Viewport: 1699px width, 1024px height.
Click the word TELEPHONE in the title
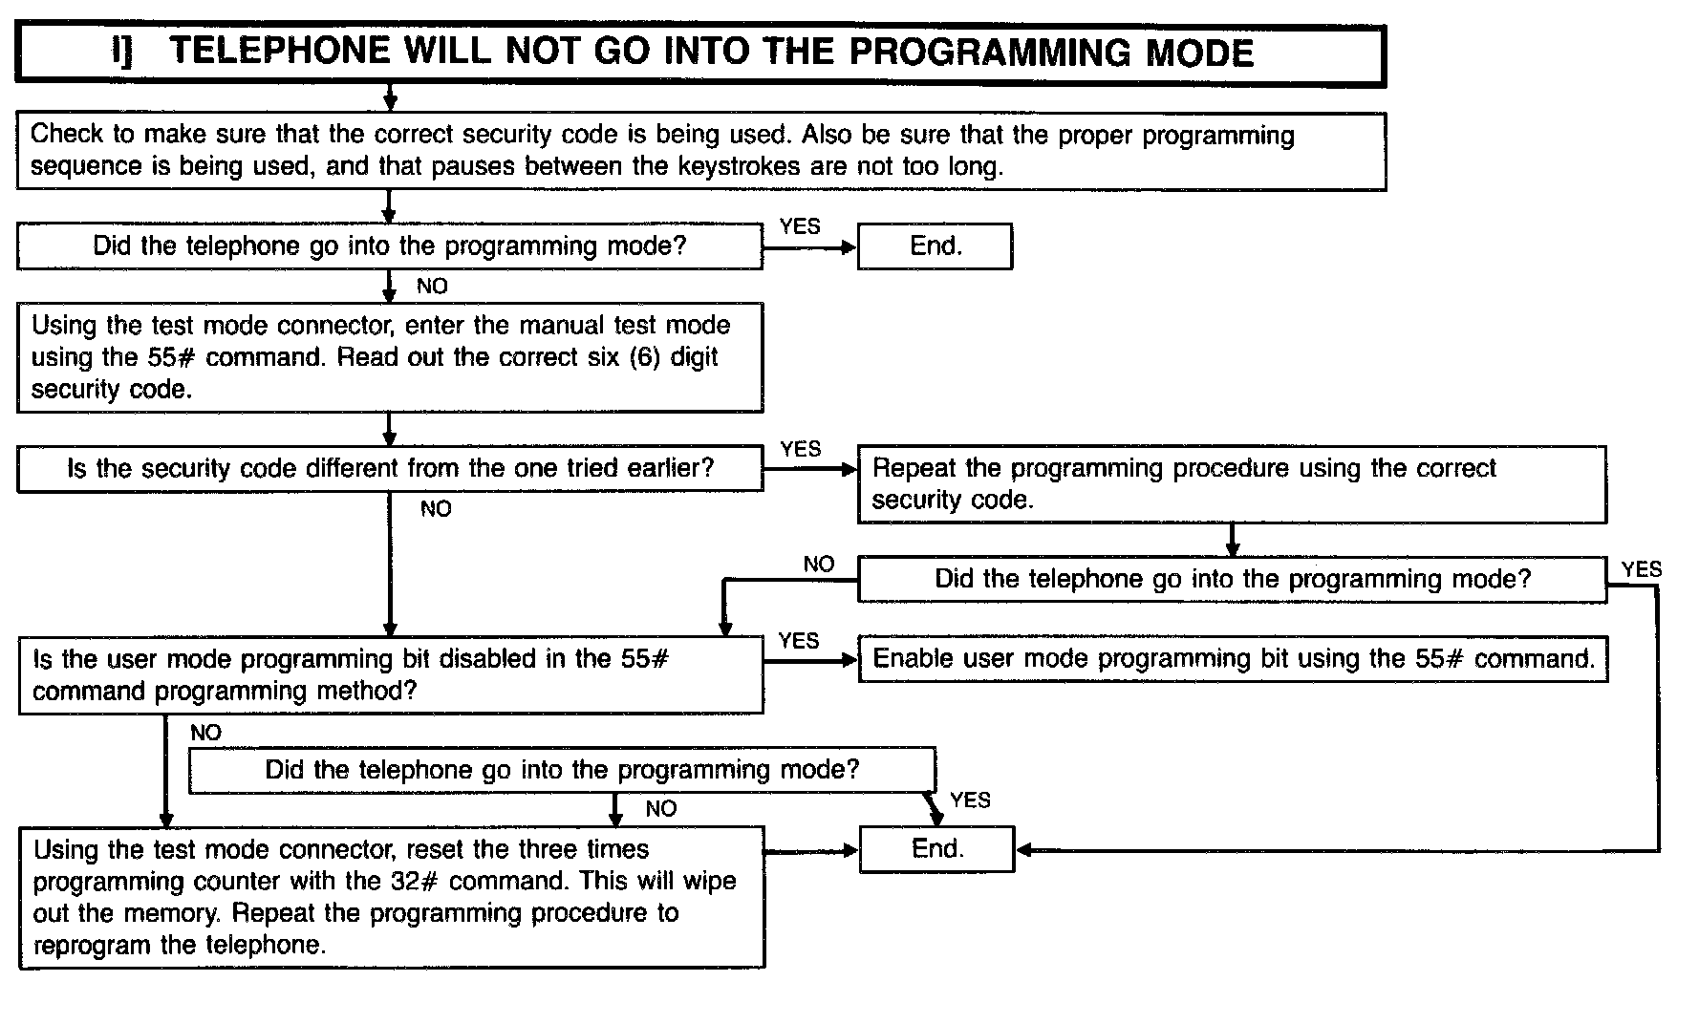point(279,52)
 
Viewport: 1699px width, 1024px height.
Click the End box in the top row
point(935,246)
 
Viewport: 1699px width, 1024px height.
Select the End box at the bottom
point(936,849)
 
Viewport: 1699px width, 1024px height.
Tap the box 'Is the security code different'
point(390,469)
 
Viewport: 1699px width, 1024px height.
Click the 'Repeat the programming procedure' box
point(1232,484)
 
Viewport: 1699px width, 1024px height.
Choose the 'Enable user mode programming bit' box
point(1233,659)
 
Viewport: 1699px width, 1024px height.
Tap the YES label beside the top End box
point(800,226)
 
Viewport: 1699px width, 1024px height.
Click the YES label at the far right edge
point(1642,569)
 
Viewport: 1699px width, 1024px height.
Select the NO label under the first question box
point(432,286)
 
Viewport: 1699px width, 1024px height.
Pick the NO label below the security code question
point(436,509)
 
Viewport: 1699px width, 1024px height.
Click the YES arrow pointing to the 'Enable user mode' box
point(810,659)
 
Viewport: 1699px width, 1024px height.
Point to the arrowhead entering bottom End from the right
point(1022,850)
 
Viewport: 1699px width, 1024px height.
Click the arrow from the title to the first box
point(390,98)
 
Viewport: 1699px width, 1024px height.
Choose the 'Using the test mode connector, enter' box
point(390,357)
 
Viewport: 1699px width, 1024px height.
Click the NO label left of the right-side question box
point(819,565)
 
